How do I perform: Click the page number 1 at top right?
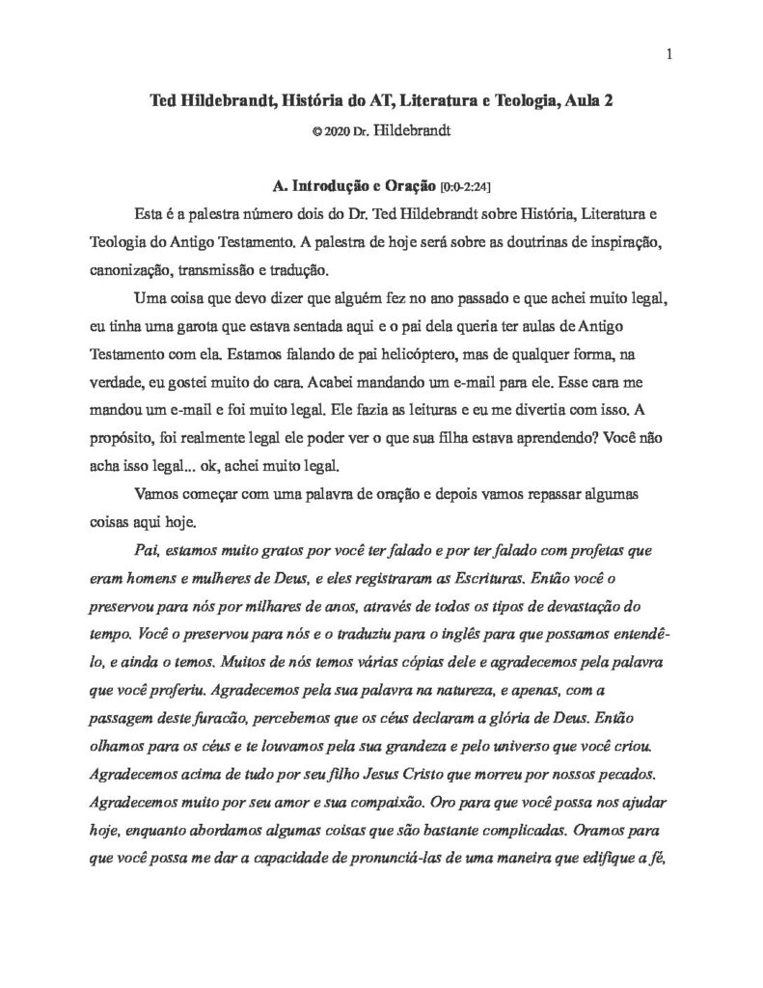tap(668, 54)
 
